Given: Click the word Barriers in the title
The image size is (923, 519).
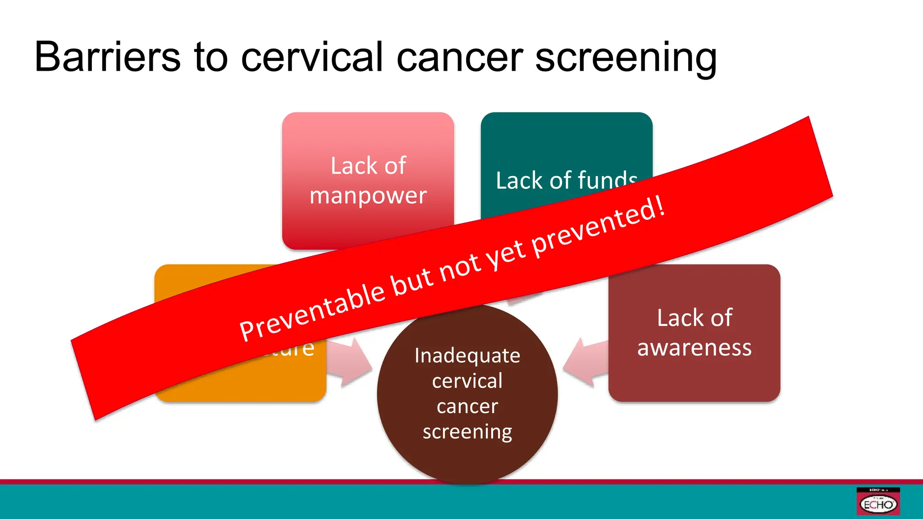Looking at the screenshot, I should click(107, 57).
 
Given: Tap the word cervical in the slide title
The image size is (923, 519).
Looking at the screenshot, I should click(312, 57).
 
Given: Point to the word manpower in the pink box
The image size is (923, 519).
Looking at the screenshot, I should click(368, 196).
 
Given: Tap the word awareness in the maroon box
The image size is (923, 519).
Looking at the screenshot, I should click(694, 348).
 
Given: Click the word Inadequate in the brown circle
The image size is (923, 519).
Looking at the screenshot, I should click(467, 356).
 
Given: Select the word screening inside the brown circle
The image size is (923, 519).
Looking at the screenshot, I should click(467, 432).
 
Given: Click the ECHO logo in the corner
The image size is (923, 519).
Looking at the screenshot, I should click(878, 502).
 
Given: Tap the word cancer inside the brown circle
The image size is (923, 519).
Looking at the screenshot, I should click(467, 406).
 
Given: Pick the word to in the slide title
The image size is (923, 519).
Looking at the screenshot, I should click(210, 57).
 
